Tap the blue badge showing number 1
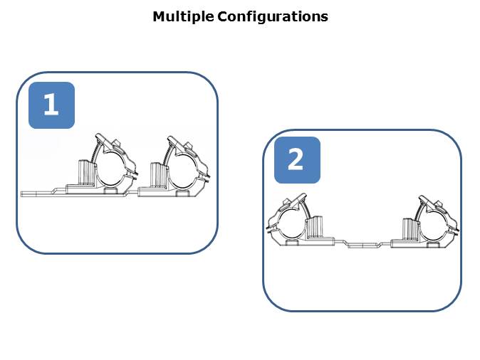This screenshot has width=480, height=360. [x=51, y=105]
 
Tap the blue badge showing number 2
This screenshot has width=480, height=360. [x=297, y=160]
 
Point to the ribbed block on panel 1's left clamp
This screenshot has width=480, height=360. [x=84, y=173]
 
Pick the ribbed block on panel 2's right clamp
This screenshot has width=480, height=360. [x=409, y=228]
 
